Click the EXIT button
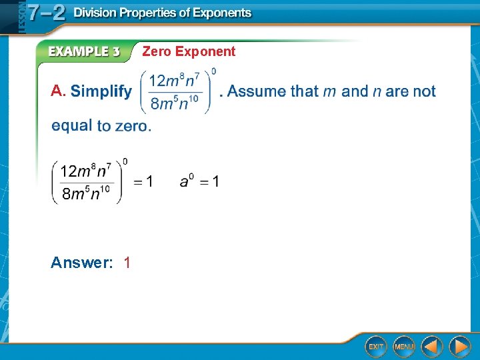click(x=376, y=346)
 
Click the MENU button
click(x=403, y=346)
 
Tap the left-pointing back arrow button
click(x=432, y=346)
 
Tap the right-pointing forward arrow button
click(x=459, y=346)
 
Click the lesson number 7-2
click(x=45, y=13)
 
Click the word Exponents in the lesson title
click(x=220, y=13)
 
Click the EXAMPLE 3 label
click(x=83, y=51)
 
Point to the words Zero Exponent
click(x=189, y=51)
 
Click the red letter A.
click(x=58, y=91)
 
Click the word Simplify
click(x=101, y=91)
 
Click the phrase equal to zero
click(x=101, y=125)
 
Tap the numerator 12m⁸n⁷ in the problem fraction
click(x=175, y=81)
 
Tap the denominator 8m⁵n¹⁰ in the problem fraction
click(x=175, y=103)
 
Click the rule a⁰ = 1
click(x=199, y=181)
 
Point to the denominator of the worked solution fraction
click(x=86, y=194)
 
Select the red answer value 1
click(x=127, y=263)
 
